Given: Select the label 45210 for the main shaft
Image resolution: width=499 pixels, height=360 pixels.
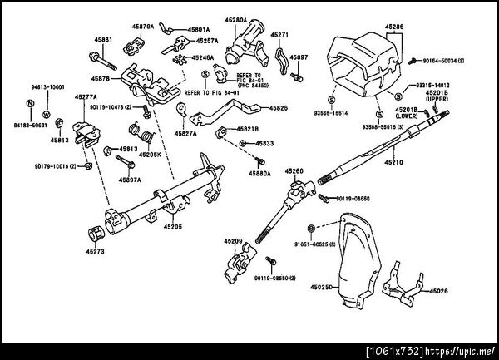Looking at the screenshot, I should [x=393, y=162].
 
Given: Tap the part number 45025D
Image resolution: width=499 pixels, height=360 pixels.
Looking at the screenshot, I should [x=321, y=288].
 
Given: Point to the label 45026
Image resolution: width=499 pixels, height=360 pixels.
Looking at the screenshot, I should [x=438, y=291].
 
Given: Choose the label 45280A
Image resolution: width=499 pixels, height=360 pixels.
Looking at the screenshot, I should [x=236, y=18].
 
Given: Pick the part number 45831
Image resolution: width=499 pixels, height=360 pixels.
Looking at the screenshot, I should [x=103, y=40].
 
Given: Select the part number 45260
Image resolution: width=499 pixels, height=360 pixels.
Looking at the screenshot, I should [x=295, y=170].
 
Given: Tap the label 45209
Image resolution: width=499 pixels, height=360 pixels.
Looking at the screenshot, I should [x=232, y=240].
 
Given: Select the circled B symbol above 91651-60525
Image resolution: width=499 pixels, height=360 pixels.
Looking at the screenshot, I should [x=310, y=227].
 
